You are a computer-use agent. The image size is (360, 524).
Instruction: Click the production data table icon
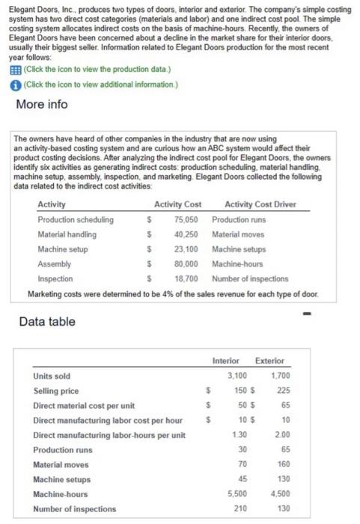pos(9,71)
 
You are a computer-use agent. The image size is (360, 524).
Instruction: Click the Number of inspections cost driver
pos(250,278)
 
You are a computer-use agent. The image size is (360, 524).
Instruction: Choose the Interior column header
pos(226,362)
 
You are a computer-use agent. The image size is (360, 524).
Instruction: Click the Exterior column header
pos(269,362)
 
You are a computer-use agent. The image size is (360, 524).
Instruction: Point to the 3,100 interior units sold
pos(236,376)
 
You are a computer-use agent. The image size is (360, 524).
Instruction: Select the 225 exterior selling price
pos(282,390)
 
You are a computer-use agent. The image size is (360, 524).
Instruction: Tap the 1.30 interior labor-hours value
pos(240,435)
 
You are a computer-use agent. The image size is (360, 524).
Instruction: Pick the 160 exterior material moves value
pos(282,464)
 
